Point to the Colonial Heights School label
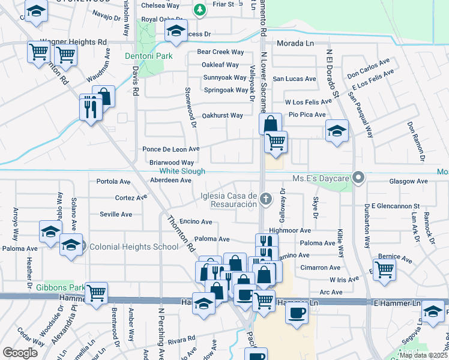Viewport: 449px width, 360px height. pos(125,246)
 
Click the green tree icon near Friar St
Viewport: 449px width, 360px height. pos(199,9)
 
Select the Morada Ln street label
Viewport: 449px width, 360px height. pos(295,44)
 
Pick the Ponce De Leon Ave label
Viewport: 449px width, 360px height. pos(170,149)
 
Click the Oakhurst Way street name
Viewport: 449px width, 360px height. pos(222,115)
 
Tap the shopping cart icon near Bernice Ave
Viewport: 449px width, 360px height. pos(384,268)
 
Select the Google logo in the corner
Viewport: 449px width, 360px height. pos(20,352)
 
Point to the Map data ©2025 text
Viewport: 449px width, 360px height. pos(422,355)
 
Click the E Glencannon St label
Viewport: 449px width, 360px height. pos(394,206)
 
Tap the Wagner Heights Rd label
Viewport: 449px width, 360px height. pos(73,42)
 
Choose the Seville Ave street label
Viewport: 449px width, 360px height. pos(115,214)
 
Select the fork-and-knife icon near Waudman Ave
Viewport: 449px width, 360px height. pos(90,107)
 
